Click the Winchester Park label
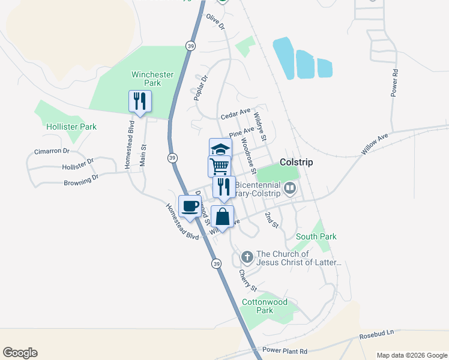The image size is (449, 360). (152, 79)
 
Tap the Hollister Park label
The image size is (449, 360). (71, 127)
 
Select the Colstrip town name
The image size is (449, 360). (296, 162)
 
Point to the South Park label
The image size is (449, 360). (316, 236)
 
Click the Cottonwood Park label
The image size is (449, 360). (265, 306)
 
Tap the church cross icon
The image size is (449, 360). (247, 258)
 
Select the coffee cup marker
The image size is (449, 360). (190, 206)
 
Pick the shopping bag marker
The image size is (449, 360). (223, 217)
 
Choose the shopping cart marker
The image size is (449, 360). (220, 166)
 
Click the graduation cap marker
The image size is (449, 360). (220, 149)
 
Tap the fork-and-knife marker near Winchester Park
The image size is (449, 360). (140, 101)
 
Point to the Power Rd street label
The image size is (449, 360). (394, 83)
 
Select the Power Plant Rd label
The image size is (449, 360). (285, 351)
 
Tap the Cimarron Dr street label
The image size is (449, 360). (52, 152)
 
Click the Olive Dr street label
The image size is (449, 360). (215, 23)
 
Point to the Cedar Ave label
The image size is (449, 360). (235, 113)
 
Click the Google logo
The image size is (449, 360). (20, 353)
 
